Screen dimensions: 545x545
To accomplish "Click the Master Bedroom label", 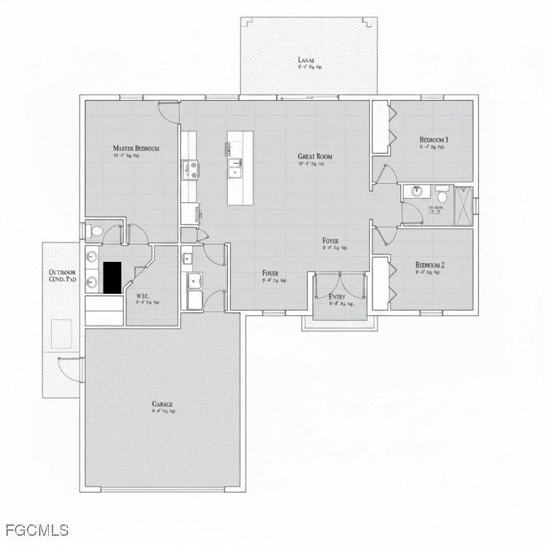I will tap(136, 148).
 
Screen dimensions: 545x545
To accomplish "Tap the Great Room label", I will tap(314, 156).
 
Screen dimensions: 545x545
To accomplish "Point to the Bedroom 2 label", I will tap(430, 265).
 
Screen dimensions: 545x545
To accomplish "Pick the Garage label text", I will tap(162, 404).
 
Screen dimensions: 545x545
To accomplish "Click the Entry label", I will tap(337, 297).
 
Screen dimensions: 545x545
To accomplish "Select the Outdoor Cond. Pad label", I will tap(62, 275).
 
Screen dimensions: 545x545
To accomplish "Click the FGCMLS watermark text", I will tap(37, 530).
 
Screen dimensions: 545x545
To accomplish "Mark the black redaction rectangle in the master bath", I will tap(112, 277).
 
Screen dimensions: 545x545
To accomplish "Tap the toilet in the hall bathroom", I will tap(441, 192).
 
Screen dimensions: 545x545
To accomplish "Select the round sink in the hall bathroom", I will tap(415, 192).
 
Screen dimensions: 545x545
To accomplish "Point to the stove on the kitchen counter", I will tap(190, 170).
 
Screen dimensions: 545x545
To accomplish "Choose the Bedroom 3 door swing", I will tap(383, 174).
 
